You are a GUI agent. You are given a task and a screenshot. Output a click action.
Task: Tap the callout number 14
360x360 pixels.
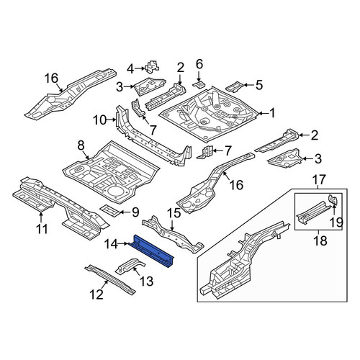[111, 244]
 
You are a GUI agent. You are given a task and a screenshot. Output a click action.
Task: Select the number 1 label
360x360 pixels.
[271, 113]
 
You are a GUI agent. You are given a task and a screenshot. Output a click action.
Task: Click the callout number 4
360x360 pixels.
[130, 69]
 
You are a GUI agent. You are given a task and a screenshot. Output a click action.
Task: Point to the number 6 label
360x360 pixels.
[199, 64]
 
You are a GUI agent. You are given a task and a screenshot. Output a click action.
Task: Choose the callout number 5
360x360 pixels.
[259, 85]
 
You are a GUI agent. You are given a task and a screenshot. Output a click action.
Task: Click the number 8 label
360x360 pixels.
[81, 145]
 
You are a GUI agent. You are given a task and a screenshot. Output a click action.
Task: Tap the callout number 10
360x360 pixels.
[99, 120]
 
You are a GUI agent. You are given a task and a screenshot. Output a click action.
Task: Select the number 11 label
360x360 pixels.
[42, 229]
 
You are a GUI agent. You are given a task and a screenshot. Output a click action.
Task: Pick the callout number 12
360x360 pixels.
[96, 294]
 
